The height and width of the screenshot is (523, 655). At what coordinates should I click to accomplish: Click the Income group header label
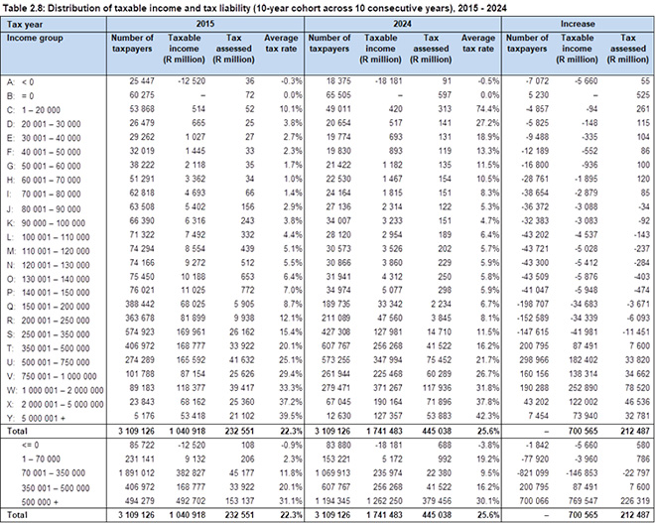(x=32, y=37)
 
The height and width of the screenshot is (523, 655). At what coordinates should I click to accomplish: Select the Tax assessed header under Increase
(x=630, y=43)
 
